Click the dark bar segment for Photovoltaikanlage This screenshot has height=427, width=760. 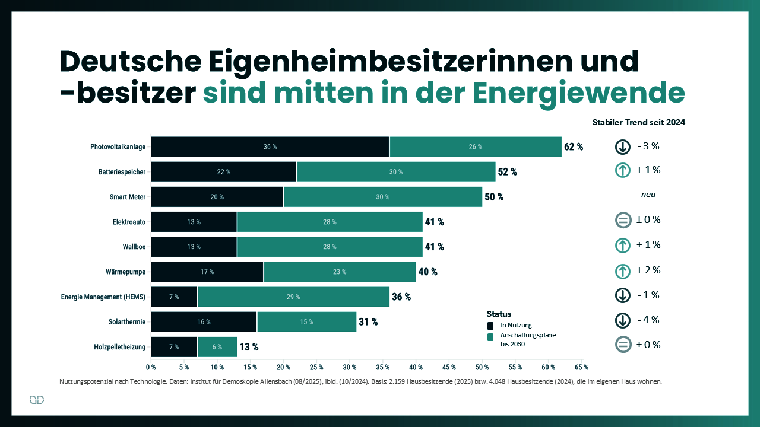270,146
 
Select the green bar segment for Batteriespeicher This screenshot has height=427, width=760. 396,171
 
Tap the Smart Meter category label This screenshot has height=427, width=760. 128,197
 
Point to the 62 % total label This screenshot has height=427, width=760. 574,146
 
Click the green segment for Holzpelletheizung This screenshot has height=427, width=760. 217,347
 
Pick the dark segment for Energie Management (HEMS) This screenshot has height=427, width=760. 174,297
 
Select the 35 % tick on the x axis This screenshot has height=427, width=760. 382,367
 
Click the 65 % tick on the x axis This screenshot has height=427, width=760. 581,367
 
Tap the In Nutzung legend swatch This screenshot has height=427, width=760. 490,326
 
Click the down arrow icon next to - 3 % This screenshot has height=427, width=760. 623,146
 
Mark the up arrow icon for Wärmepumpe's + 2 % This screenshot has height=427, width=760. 623,271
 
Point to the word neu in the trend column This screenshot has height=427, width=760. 648,195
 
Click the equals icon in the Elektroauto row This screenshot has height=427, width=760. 623,221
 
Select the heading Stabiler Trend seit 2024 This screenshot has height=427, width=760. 639,122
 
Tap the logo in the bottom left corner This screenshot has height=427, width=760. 37,400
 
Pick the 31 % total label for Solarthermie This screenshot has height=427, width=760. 368,322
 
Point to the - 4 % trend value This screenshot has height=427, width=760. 648,320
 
